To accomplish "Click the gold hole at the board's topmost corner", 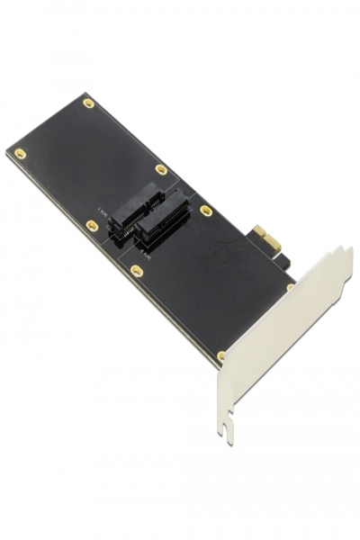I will (88, 103).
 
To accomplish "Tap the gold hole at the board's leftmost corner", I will (20, 154).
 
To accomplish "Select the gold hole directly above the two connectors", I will (161, 169).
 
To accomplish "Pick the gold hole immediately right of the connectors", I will (206, 211).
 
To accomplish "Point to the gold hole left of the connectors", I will (92, 225).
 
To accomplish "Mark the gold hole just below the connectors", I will (137, 270).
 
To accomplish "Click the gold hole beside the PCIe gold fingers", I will (290, 287).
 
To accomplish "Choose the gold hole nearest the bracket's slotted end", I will (221, 355).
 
